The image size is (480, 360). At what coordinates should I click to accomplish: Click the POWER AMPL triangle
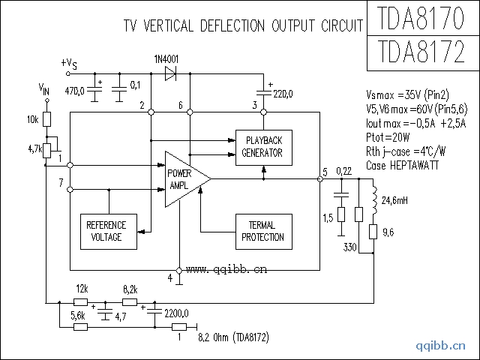(184, 178)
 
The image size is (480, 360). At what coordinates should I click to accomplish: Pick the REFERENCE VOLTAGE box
(106, 231)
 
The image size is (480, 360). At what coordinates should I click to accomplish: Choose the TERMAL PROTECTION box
(262, 231)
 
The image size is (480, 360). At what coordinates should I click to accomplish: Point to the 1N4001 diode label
(166, 58)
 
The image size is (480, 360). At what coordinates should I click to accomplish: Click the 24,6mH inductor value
(394, 201)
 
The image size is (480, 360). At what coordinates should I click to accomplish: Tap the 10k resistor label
(32, 120)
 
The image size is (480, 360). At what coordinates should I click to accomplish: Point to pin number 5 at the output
(325, 172)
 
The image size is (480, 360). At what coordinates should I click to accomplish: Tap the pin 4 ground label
(170, 277)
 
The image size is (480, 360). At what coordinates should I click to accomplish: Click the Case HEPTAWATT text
(403, 165)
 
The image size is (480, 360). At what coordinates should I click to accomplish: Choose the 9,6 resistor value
(388, 233)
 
